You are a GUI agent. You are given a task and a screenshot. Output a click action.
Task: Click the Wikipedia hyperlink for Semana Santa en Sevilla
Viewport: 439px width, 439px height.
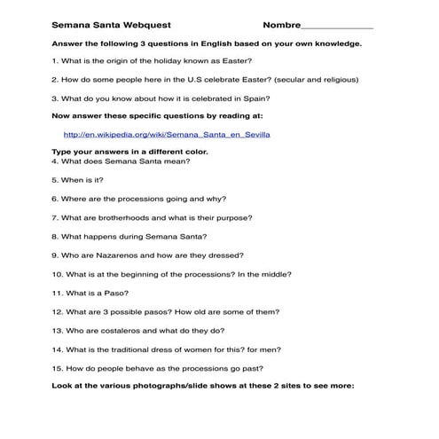coord(167,135)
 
